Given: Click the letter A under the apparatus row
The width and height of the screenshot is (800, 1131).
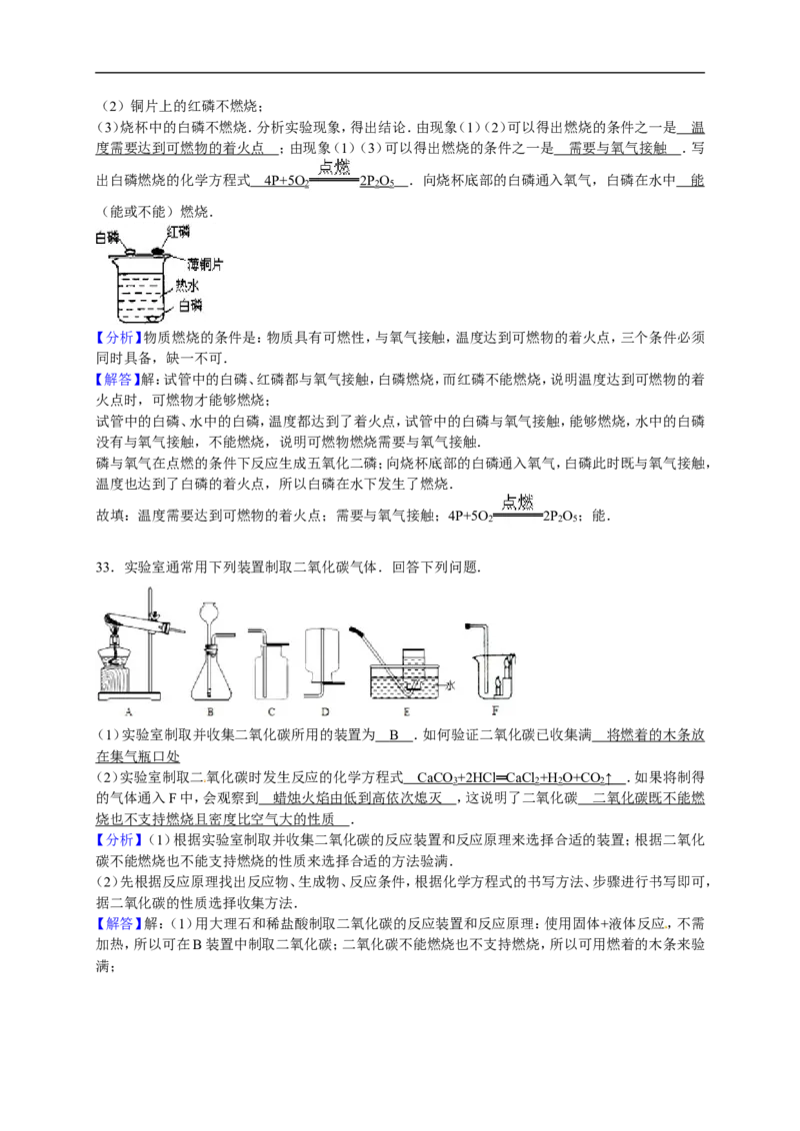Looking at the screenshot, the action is [x=129, y=711].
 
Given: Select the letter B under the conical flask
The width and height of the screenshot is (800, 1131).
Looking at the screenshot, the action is [x=211, y=711].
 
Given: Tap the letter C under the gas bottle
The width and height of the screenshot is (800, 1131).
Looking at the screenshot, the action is [x=271, y=711].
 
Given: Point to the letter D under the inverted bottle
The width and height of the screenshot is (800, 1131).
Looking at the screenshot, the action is [x=325, y=711].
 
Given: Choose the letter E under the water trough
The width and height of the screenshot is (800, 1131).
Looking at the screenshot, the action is [x=407, y=711].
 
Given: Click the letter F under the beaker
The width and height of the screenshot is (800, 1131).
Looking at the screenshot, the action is [x=496, y=711].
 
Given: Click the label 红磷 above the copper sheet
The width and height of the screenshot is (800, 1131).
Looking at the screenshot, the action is [x=179, y=231].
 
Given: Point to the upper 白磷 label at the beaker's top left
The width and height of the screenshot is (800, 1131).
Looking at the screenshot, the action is [x=105, y=238].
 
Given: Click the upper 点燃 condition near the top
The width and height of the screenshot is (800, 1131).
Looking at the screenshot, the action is [x=332, y=165].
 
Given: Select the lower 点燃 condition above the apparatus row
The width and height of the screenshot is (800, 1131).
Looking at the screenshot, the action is [x=516, y=502].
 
